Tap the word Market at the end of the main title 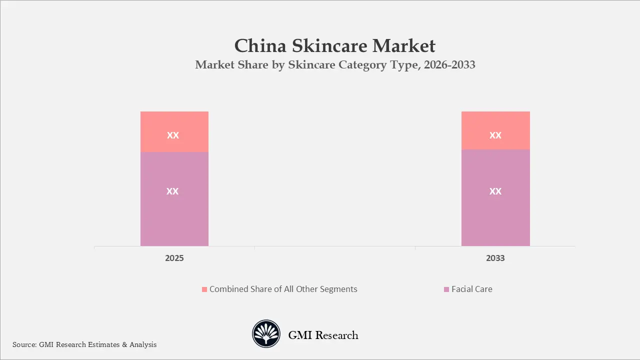click(x=404, y=46)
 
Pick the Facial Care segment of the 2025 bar click(x=174, y=210)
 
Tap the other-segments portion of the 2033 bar click(x=495, y=122)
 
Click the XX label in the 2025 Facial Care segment click(x=172, y=191)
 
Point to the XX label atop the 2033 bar click(x=495, y=135)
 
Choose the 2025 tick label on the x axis click(x=174, y=258)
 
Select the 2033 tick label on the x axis click(x=495, y=258)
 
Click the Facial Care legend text click(x=471, y=289)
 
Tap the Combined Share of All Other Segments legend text click(x=283, y=289)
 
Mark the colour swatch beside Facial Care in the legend click(x=446, y=289)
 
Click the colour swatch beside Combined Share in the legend click(x=204, y=289)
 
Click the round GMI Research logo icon click(x=266, y=333)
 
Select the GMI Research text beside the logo click(x=323, y=335)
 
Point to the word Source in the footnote click(x=24, y=344)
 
